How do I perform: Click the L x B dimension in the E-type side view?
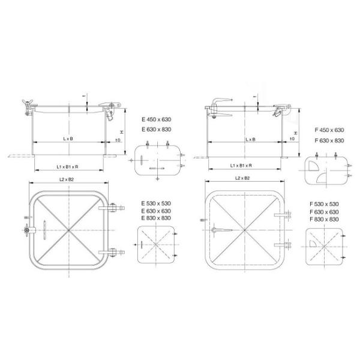coord(67,139)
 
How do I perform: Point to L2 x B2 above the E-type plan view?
coord(67,179)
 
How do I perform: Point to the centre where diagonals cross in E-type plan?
coord(68,230)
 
